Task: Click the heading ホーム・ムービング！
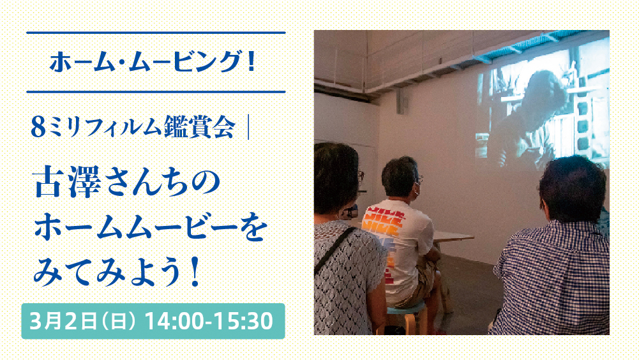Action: tap(153, 62)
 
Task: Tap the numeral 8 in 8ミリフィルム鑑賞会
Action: tap(38, 127)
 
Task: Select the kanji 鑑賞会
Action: tap(199, 127)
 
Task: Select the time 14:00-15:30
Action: tap(209, 321)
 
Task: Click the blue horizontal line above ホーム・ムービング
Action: tap(156, 33)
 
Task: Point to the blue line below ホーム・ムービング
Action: tap(156, 92)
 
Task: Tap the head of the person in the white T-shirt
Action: tap(400, 178)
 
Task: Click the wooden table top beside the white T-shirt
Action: tap(453, 236)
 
